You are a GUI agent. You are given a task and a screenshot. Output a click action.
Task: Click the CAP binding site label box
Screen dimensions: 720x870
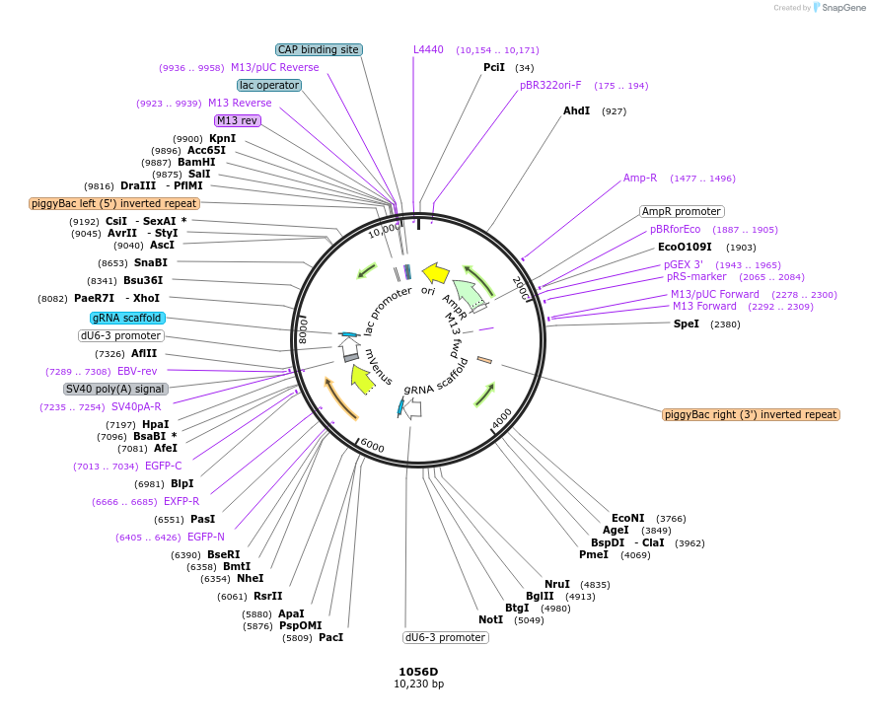(x=319, y=49)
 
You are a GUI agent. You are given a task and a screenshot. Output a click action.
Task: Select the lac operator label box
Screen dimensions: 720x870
(x=269, y=85)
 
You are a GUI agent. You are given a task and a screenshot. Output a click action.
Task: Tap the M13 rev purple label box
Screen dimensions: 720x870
(x=237, y=120)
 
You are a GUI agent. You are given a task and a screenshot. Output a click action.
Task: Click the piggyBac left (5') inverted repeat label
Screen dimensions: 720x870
(x=114, y=203)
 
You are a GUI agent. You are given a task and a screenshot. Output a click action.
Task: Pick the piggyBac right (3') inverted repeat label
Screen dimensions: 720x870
(x=751, y=414)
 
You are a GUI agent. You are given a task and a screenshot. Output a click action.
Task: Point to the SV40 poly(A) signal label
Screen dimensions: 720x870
(x=115, y=389)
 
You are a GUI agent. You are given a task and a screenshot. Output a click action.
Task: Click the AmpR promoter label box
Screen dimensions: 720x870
(x=682, y=211)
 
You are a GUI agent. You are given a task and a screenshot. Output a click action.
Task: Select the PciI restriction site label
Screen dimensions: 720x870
(x=493, y=67)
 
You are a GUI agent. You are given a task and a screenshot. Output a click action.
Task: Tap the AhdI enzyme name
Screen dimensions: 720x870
(x=576, y=110)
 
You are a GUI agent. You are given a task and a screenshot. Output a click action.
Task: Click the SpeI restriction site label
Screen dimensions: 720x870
(x=686, y=324)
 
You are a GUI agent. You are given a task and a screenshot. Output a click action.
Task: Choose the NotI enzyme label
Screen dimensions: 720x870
(x=490, y=619)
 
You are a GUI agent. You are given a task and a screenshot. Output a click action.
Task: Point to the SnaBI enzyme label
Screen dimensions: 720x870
(x=151, y=262)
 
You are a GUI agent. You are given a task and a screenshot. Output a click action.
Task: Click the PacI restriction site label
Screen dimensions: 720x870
(x=330, y=637)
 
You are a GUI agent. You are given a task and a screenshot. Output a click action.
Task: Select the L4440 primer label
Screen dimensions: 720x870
(x=428, y=49)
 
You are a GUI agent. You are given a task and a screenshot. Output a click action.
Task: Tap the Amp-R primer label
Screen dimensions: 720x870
(x=640, y=178)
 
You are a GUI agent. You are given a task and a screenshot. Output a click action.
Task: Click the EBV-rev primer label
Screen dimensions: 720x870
(x=137, y=371)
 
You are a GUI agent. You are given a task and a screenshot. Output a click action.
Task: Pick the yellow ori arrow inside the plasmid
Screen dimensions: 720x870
(x=435, y=272)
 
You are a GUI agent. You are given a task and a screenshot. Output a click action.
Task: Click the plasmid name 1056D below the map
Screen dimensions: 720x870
(x=418, y=672)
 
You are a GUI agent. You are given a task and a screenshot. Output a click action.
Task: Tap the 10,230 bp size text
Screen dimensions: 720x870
(x=418, y=684)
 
